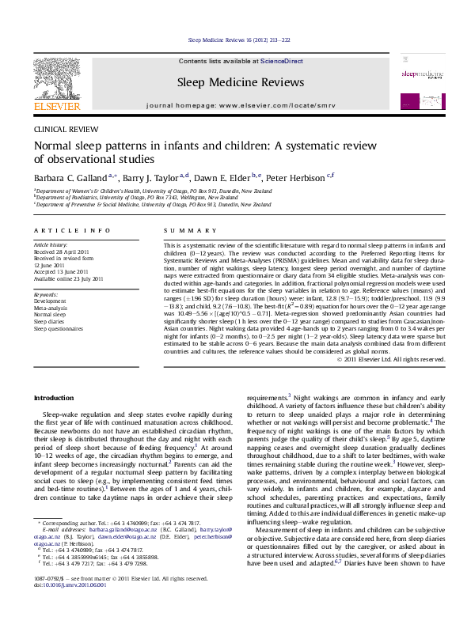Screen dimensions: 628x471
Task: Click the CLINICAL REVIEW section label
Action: pos(61,128)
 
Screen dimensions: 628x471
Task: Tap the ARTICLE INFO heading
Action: pos(72,230)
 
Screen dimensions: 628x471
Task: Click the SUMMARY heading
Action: pos(180,230)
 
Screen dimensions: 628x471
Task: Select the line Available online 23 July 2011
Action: pos(68,279)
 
